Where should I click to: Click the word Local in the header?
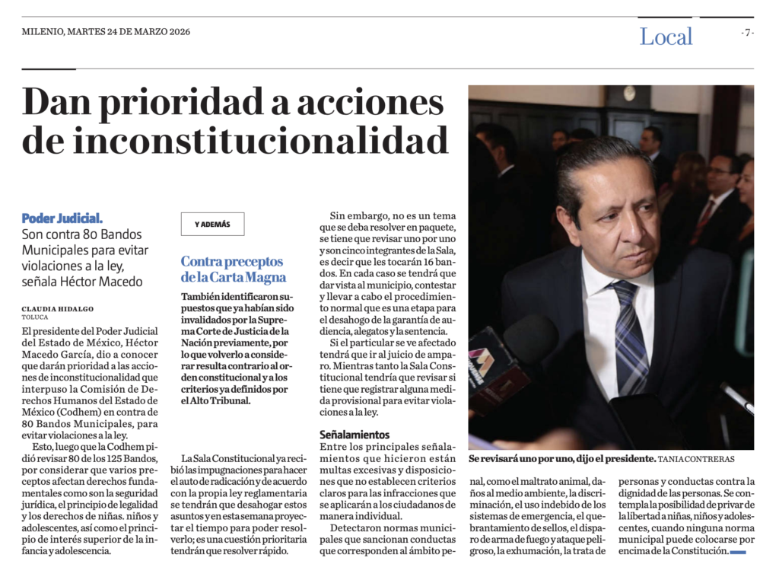666,37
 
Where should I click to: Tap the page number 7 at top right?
748,32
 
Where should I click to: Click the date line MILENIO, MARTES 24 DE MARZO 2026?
106,32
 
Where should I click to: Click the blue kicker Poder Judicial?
62,218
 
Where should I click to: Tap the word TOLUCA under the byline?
34,317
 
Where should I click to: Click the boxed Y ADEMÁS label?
212,224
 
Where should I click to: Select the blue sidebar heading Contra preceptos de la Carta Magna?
233,269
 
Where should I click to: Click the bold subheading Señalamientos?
355,434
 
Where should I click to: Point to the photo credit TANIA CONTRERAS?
696,460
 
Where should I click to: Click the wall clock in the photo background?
629,93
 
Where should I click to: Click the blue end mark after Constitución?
737,552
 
